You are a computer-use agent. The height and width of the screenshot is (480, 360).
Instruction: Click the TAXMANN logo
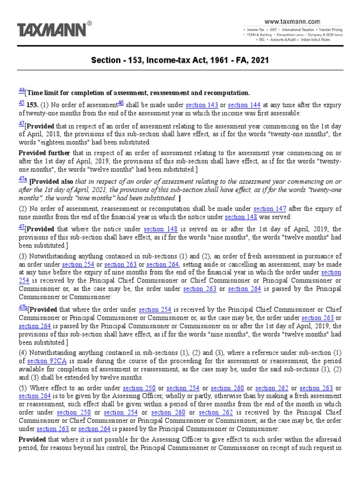52,30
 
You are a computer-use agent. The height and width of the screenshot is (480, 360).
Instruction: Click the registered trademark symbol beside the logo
90,22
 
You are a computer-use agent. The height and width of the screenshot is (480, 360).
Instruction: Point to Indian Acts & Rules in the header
325,40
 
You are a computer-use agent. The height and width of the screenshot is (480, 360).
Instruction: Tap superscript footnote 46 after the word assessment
120,103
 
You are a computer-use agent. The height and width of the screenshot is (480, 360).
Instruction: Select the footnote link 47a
22,179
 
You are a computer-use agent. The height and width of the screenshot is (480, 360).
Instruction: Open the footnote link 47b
22,307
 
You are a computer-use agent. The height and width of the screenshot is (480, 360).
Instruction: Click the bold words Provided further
44,153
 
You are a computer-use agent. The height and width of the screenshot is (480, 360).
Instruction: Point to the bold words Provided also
51,182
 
